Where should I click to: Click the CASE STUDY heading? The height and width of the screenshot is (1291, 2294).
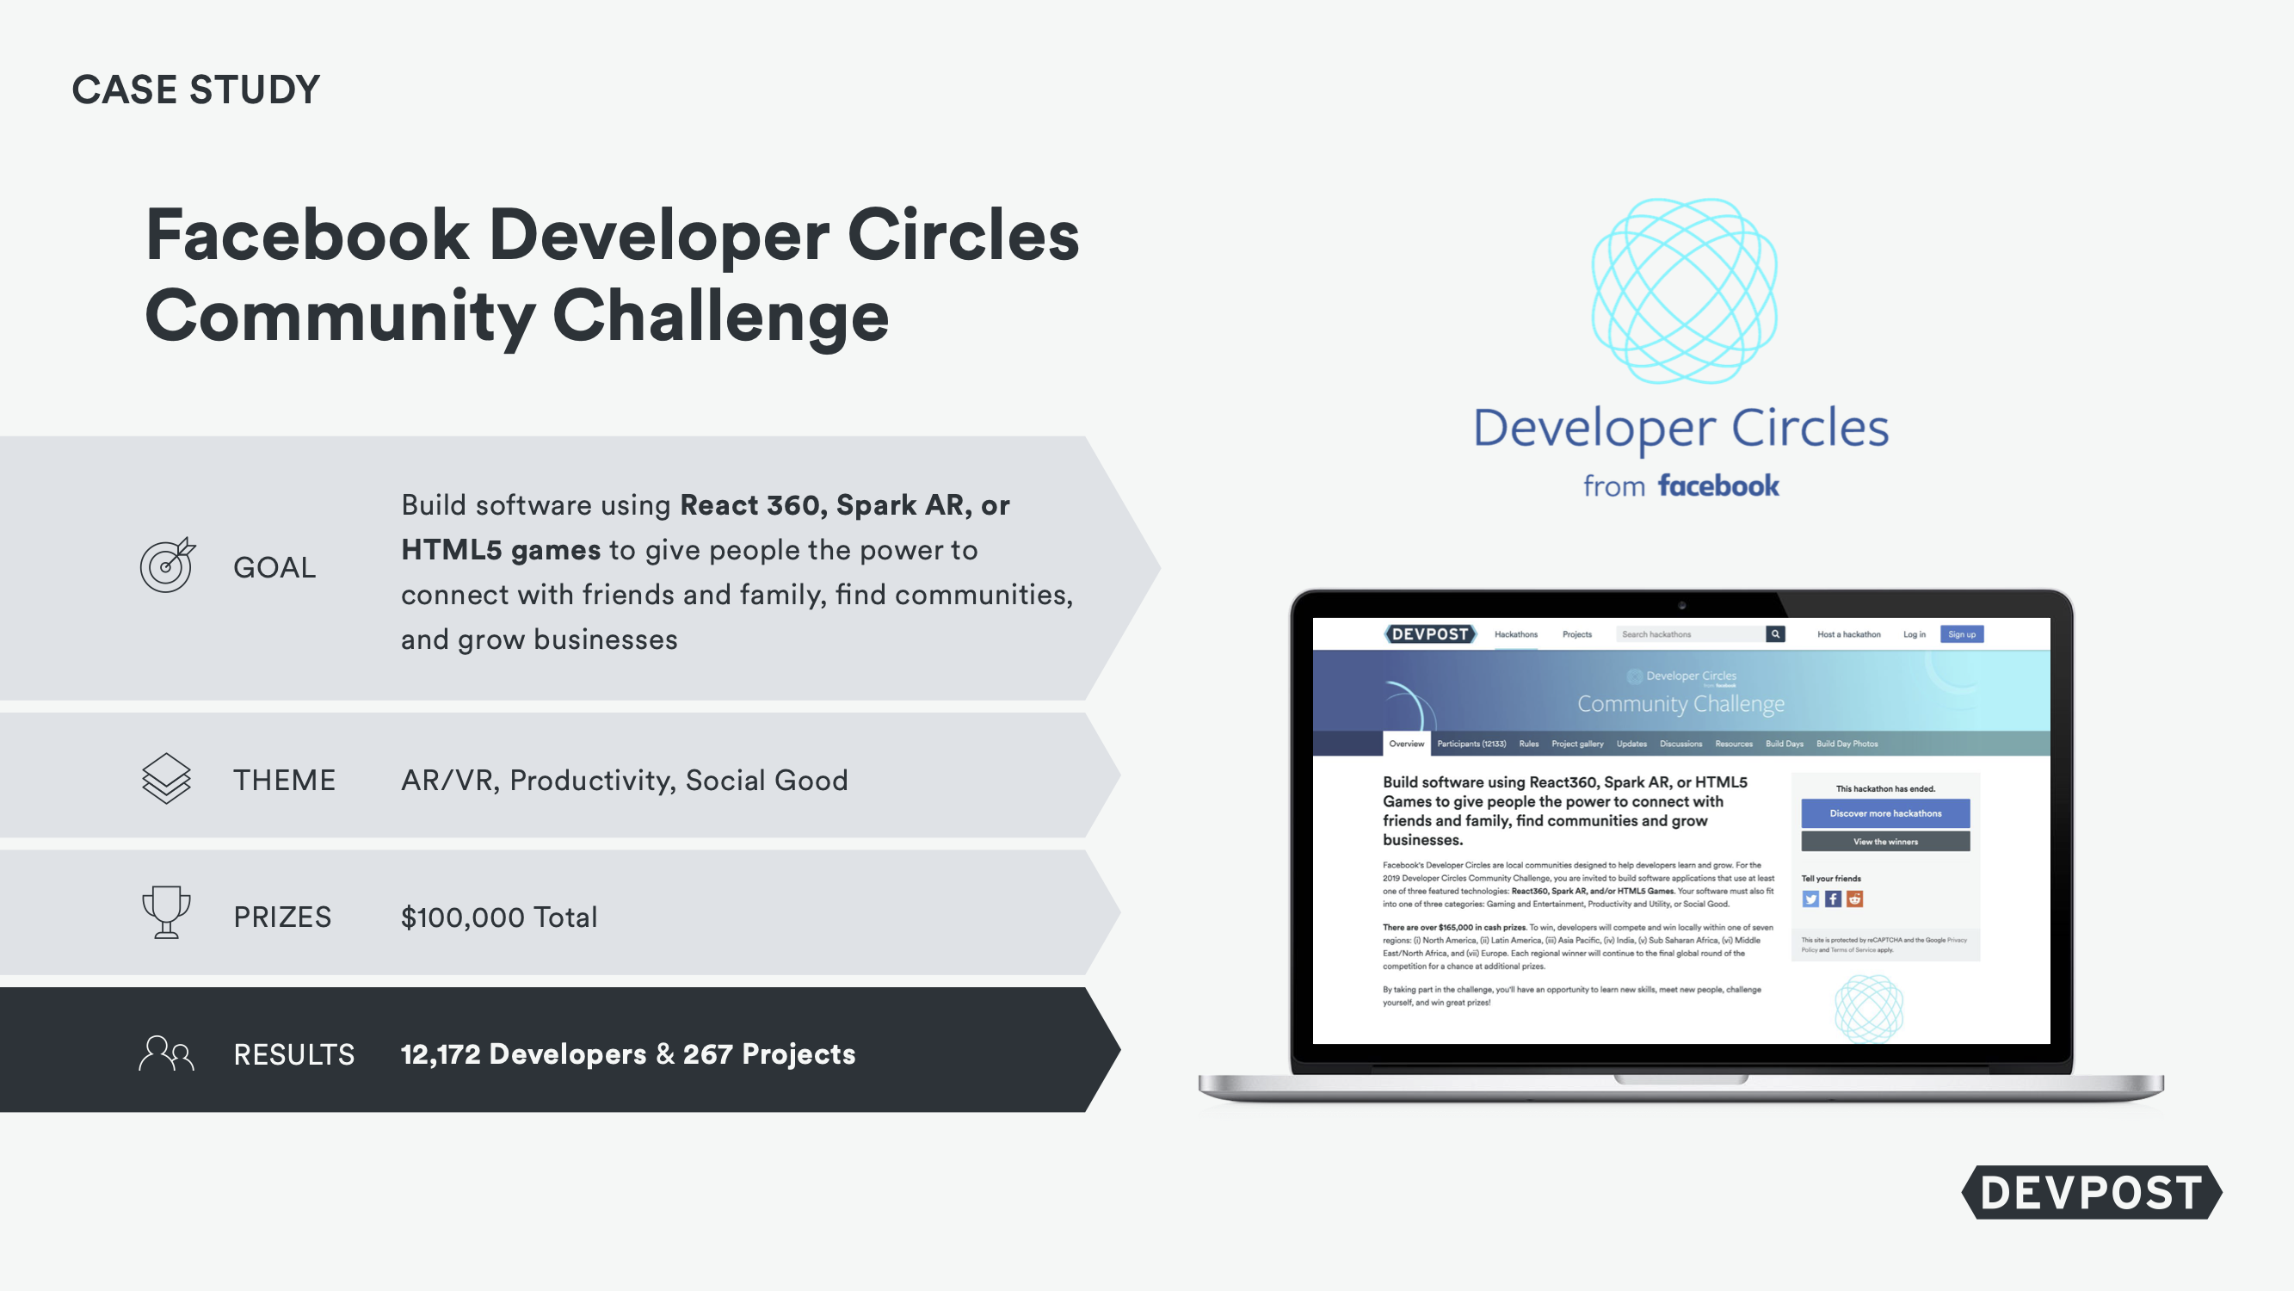195,90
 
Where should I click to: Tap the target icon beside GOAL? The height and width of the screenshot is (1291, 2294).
167,565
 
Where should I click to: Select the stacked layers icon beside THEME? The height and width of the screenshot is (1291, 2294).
167,779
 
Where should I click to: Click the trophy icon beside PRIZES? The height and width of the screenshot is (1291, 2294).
167,911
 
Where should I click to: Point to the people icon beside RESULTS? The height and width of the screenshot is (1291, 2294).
167,1053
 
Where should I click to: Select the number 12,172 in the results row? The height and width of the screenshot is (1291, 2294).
440,1054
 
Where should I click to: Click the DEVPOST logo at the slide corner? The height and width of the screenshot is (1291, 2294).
2091,1192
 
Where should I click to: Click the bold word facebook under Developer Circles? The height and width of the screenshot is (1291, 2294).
1717,485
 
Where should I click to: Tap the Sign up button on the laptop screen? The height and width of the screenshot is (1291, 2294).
1961,634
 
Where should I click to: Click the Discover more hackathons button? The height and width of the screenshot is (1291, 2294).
1885,813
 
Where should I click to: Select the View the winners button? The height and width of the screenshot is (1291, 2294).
1885,841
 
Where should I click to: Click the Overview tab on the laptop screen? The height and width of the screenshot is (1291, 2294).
1406,744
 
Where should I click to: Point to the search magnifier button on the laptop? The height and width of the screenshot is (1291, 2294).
1775,634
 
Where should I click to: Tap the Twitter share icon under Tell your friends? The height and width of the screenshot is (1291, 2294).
1810,899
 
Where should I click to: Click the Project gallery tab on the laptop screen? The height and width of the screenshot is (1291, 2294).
1577,744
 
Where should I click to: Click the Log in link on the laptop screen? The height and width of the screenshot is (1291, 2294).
1914,634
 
